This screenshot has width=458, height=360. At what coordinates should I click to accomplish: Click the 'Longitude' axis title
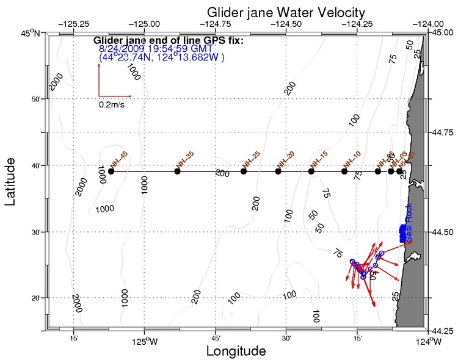[236, 351]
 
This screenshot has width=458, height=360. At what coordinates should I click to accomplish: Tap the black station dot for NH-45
[111, 171]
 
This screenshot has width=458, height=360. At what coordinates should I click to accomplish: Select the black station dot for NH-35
[177, 171]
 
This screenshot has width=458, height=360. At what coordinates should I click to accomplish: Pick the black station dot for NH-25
[244, 171]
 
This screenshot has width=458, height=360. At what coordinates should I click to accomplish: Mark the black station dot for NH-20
[278, 171]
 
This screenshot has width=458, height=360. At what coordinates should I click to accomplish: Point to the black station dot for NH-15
[311, 171]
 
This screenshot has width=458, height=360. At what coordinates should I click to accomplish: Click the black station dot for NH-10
[344, 171]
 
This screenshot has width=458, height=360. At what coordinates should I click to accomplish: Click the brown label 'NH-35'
[184, 160]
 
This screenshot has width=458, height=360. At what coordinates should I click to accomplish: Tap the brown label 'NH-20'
[285, 160]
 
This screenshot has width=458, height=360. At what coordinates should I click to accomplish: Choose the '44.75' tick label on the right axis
[444, 132]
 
